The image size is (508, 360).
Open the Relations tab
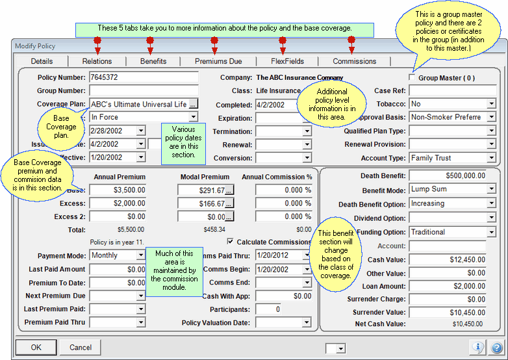coord(97,61)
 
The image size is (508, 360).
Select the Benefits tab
coord(153,61)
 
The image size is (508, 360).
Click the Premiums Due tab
coord(218,61)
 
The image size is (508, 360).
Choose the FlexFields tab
coord(288,61)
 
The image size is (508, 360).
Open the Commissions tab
coord(354,61)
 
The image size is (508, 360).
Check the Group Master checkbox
coord(412,78)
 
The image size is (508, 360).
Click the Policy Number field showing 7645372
coord(143,78)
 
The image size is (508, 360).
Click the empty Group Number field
coord(143,91)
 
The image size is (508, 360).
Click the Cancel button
coord(81,348)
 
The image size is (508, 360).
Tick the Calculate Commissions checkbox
coord(231,242)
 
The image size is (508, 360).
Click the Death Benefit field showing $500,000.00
coord(448,176)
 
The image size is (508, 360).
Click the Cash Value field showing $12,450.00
coord(448,260)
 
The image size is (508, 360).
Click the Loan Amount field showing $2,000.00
coord(448,286)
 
